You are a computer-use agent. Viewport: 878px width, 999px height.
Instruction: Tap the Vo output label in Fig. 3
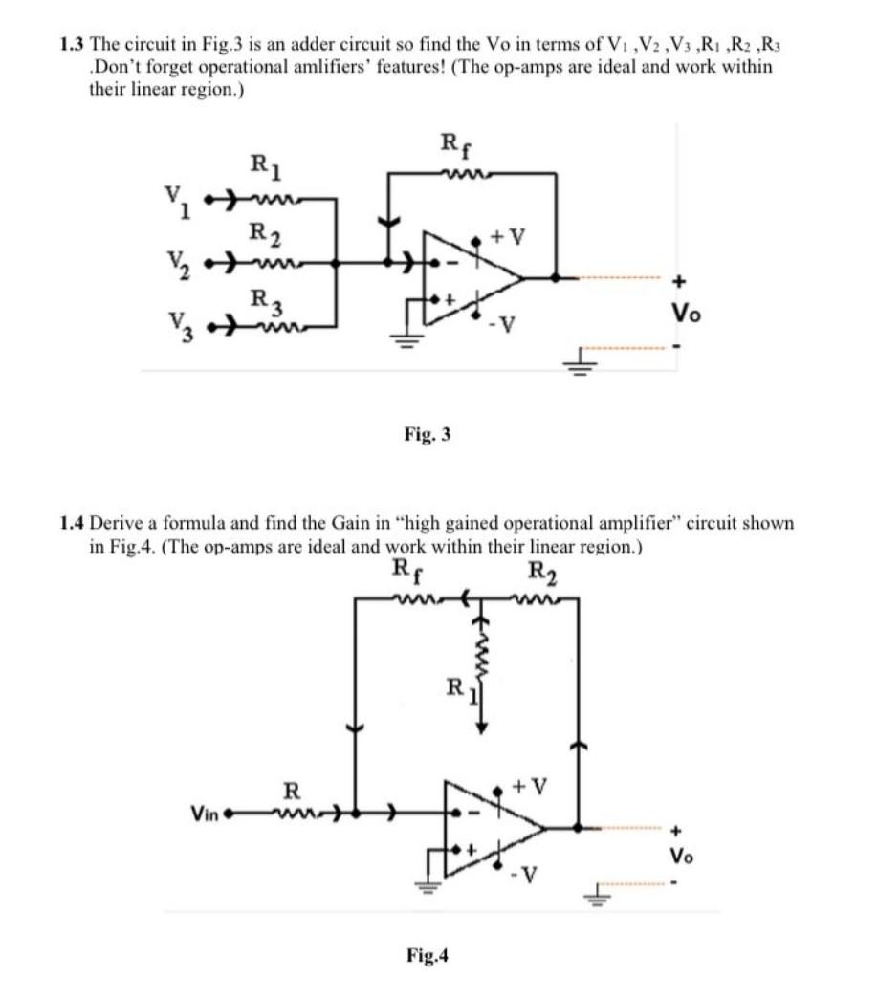pos(680,313)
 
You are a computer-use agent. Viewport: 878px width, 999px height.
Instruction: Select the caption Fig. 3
pos(428,435)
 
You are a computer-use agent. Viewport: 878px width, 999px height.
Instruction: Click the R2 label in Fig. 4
pos(540,574)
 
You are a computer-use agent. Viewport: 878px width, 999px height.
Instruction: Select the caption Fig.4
pos(428,954)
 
